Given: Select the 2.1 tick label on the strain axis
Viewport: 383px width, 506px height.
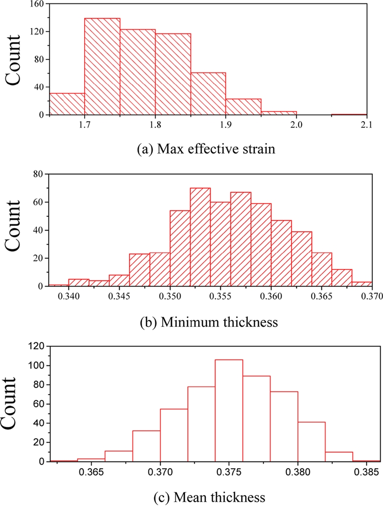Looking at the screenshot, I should (x=366, y=125).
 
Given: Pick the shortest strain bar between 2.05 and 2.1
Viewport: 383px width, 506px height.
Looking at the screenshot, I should (x=349, y=114).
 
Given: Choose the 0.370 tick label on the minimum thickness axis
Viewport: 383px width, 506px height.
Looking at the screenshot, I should (x=372, y=296).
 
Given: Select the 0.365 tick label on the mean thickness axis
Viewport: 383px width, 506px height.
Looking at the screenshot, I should (x=92, y=472).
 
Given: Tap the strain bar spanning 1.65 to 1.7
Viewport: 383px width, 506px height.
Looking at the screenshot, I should (x=67, y=104).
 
